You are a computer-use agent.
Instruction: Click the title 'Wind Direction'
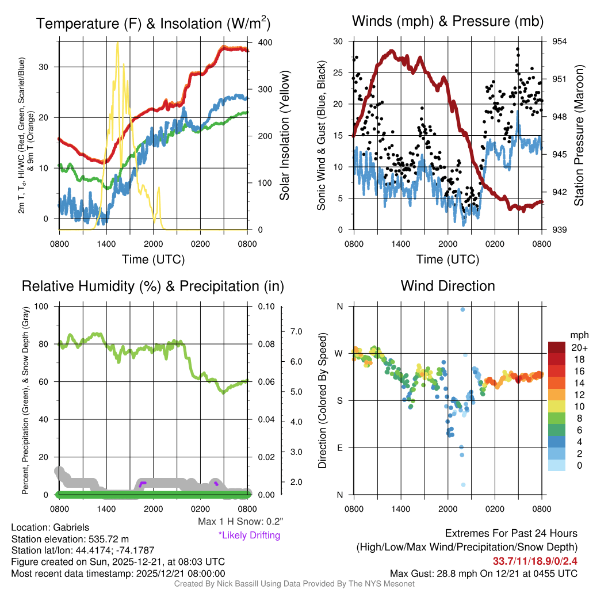point(448,286)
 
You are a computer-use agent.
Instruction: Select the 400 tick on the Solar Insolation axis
point(265,43)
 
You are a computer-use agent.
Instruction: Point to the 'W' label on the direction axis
point(339,353)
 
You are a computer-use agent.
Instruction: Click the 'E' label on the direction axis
point(340,448)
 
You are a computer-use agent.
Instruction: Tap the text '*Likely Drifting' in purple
point(249,535)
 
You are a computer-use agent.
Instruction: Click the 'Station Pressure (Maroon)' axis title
point(579,135)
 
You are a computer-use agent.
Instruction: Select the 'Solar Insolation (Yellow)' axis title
point(284,135)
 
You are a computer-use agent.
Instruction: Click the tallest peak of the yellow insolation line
point(117,43)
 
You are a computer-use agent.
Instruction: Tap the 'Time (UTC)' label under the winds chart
point(448,259)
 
